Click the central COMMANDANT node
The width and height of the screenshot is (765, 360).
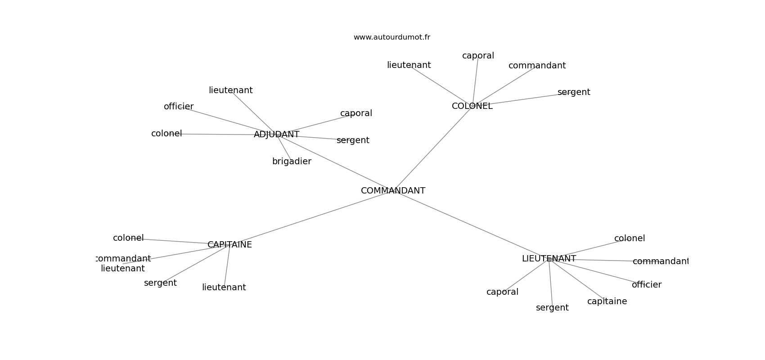click(x=393, y=191)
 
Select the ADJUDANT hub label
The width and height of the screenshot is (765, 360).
click(x=276, y=135)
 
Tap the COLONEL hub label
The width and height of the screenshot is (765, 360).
click(x=472, y=106)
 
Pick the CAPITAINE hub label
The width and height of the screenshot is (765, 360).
click(x=229, y=245)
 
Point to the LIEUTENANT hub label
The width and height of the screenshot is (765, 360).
click(x=549, y=259)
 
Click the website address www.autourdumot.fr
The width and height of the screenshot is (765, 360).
click(x=391, y=37)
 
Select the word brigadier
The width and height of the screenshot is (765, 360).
click(x=292, y=162)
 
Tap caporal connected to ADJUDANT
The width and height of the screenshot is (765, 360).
click(x=356, y=113)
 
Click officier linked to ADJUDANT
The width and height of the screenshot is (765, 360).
click(x=179, y=107)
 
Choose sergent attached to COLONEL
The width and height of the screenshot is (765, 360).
click(x=574, y=92)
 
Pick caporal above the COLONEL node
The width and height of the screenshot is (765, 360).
click(x=478, y=56)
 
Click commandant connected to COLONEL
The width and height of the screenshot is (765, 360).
click(x=537, y=66)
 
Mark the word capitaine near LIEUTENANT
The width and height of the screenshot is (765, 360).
click(x=607, y=301)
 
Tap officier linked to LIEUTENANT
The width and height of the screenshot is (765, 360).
click(x=646, y=285)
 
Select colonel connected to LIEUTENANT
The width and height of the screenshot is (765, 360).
click(x=629, y=238)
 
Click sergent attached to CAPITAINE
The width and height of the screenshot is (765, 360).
click(x=160, y=283)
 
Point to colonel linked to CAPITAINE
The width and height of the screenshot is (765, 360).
click(x=128, y=238)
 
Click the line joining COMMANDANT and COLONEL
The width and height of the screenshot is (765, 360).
click(x=432, y=149)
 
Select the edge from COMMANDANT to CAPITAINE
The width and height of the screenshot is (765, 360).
click(x=310, y=218)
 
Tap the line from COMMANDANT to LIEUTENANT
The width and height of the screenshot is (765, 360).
click(x=470, y=225)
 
